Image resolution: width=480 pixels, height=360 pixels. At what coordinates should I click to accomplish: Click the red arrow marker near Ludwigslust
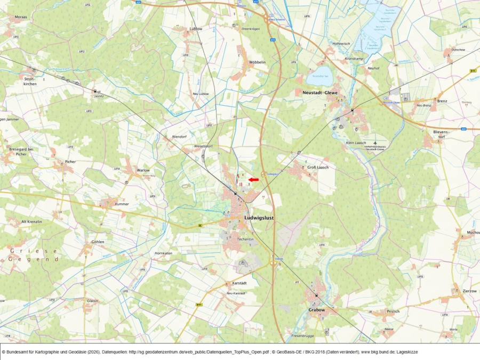click(x=253, y=180)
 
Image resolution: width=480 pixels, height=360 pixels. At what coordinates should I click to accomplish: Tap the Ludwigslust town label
click(x=259, y=218)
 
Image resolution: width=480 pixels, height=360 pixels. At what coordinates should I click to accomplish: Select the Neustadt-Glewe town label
click(x=320, y=92)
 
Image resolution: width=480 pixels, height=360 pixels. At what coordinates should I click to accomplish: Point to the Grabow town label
click(x=316, y=310)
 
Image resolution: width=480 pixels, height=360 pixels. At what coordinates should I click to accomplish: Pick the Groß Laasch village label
click(x=318, y=167)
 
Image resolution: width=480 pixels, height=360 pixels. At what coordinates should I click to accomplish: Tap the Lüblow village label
click(x=196, y=29)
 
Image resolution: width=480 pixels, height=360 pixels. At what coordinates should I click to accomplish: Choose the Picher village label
click(x=70, y=161)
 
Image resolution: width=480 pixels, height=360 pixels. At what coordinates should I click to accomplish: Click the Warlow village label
click(x=143, y=170)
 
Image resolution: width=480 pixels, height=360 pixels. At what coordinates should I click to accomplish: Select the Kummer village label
click(x=122, y=204)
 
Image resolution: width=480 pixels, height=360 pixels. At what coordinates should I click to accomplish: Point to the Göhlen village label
click(x=98, y=242)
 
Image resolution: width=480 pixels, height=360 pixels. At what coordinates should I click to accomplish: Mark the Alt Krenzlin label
click(x=31, y=221)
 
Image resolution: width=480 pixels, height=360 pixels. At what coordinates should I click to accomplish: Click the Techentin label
click(x=245, y=239)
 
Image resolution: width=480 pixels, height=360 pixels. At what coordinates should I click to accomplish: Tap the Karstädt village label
click(x=239, y=283)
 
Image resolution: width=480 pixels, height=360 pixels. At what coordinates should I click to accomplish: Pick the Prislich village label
click(x=393, y=311)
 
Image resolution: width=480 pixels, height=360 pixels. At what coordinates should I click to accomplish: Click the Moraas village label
click(x=21, y=17)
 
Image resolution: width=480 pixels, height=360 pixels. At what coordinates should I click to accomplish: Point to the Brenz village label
click(x=442, y=100)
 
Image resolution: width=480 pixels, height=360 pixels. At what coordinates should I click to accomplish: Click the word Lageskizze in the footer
click(x=407, y=353)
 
